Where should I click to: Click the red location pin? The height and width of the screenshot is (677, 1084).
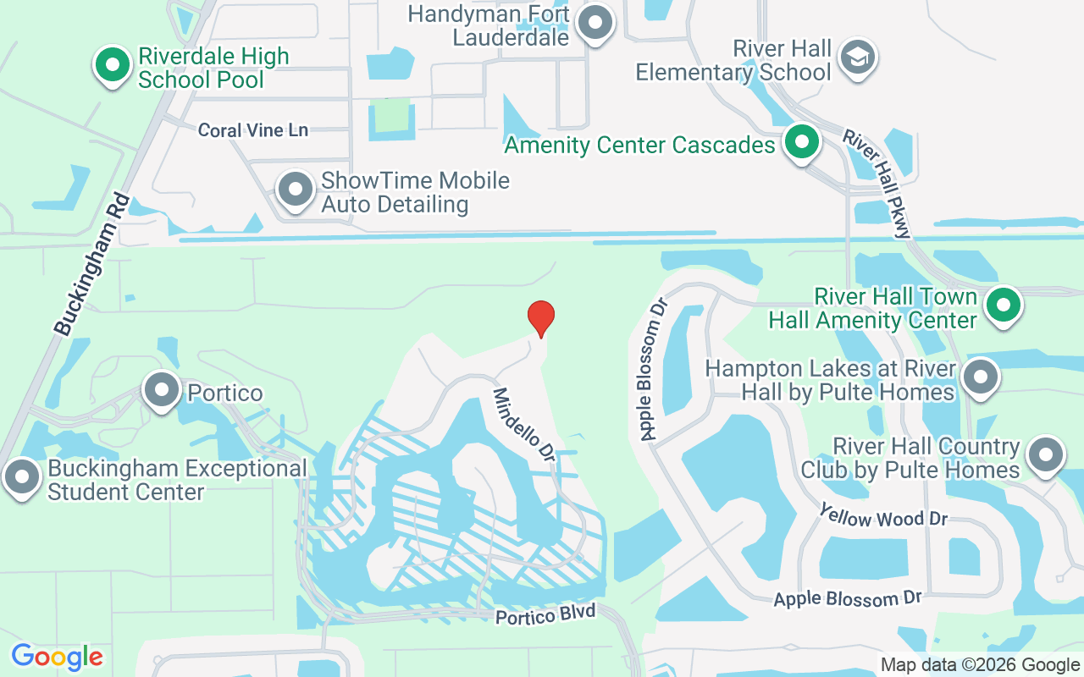point(541,318)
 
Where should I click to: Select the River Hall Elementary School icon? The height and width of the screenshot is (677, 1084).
point(858,58)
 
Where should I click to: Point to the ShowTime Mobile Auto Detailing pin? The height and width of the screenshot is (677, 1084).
point(296,190)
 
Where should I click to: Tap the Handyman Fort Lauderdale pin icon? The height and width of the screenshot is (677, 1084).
point(595,23)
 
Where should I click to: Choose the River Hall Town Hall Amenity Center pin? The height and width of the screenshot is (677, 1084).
point(1004,305)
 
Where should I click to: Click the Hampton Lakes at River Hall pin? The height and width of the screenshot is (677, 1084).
point(981,377)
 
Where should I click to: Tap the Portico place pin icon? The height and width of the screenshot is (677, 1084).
point(161,390)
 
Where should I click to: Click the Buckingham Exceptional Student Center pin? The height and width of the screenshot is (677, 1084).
point(22,477)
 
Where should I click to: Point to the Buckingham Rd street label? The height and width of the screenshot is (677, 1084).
point(91,264)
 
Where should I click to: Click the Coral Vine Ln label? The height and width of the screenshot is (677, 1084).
point(252,130)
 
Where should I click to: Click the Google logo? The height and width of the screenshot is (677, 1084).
point(57,657)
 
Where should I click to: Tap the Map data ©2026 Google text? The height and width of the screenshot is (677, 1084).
point(980,665)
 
